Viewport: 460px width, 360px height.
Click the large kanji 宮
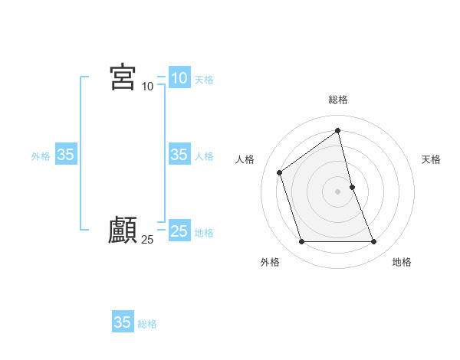123,77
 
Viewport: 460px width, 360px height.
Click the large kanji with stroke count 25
123,231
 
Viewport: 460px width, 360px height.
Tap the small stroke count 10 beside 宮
148,87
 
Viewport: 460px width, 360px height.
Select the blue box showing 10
179,78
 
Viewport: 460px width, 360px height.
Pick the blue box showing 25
179,231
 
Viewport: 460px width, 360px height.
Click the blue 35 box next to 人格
179,155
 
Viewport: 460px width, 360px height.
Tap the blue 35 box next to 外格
65,155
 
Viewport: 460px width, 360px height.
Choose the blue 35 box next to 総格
123,322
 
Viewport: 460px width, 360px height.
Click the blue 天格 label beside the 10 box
204,80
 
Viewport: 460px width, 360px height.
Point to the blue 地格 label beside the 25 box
204,233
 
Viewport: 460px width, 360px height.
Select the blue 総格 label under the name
147,324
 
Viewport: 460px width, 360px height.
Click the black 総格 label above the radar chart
338,100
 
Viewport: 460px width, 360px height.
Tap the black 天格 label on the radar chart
431,159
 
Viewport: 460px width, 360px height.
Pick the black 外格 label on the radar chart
270,262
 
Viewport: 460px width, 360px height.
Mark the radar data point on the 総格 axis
338,131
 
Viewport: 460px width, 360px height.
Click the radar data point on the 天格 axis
352,187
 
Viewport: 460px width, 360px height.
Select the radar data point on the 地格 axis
374,242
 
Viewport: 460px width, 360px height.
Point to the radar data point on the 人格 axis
280,172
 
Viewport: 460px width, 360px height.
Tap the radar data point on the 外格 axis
301,242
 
